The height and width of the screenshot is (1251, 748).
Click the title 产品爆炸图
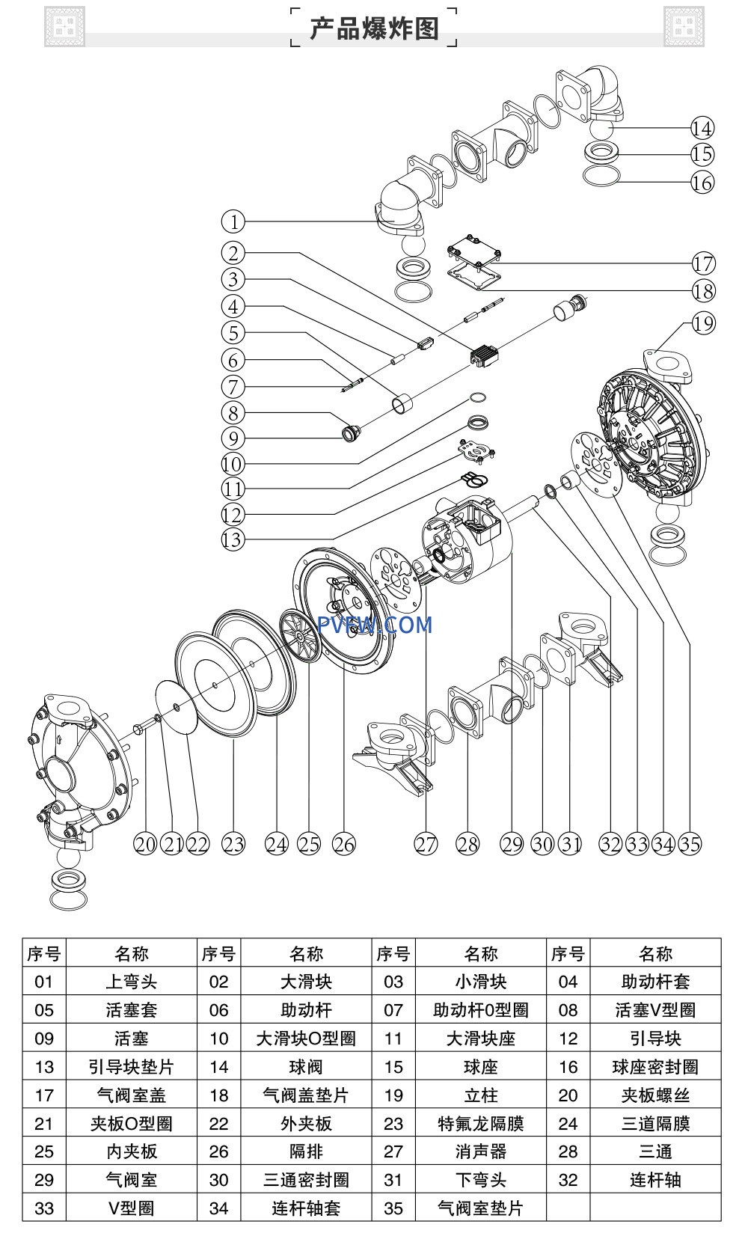point(374,28)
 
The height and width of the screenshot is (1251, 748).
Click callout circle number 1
point(233,221)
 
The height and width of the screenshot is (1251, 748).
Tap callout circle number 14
point(702,128)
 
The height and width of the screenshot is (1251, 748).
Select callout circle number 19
point(702,323)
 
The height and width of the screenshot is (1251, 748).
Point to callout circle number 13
point(233,539)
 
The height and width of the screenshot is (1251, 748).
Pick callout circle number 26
point(343,844)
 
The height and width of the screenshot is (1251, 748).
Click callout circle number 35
point(690,844)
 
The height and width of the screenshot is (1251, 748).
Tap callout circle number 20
point(145,844)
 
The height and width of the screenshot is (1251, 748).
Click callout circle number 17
point(702,263)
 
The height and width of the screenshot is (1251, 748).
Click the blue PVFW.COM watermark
point(375,625)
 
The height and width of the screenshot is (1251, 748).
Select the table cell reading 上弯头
point(131,982)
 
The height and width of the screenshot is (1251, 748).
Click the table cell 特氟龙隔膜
point(480,1124)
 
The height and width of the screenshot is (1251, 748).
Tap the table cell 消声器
point(480,1152)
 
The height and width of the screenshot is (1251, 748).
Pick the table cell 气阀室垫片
point(480,1208)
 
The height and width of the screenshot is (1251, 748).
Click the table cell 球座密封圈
point(655,1067)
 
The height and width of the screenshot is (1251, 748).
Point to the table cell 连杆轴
point(655,1181)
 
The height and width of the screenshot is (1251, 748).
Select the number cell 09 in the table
point(44,1039)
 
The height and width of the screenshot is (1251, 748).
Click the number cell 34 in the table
point(218,1208)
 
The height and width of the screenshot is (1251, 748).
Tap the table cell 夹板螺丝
point(655,1095)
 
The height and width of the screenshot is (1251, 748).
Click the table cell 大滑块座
point(480,1039)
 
